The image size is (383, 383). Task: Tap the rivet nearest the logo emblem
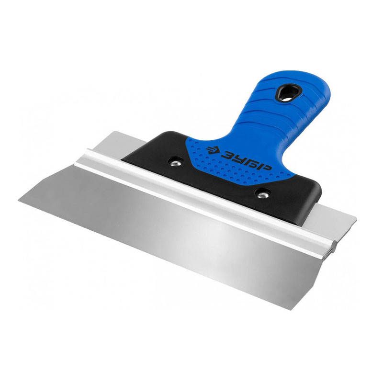[175, 162]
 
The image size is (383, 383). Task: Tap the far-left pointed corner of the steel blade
[19, 200]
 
